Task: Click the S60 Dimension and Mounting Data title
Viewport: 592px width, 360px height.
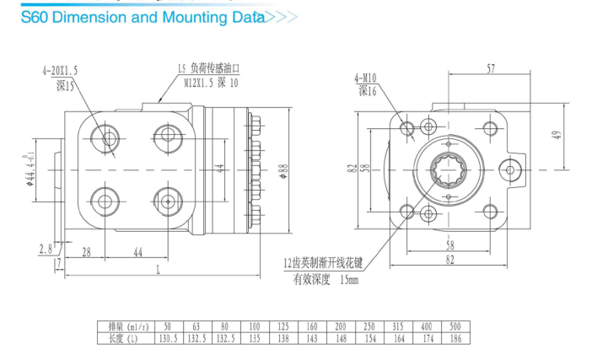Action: pyautogui.click(x=143, y=18)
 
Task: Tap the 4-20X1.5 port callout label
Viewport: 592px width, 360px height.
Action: pyautogui.click(x=60, y=71)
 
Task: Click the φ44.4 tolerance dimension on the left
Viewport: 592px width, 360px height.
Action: pyautogui.click(x=30, y=169)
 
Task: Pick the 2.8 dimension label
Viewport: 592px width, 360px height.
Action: pyautogui.click(x=46, y=250)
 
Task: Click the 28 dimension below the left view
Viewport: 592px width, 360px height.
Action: pyautogui.click(x=87, y=252)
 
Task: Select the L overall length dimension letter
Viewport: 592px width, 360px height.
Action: pyautogui.click(x=159, y=270)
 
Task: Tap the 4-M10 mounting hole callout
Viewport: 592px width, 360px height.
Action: pyautogui.click(x=365, y=78)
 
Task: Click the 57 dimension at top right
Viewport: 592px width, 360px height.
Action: pyautogui.click(x=491, y=68)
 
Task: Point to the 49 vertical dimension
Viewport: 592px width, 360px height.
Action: pyautogui.click(x=557, y=135)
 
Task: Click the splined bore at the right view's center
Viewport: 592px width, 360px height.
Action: pyautogui.click(x=448, y=169)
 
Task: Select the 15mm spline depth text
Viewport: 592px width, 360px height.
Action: pyautogui.click(x=349, y=280)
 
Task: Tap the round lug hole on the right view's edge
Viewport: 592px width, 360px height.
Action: pyautogui.click(x=510, y=169)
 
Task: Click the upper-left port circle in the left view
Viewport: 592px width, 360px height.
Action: pyautogui.click(x=105, y=138)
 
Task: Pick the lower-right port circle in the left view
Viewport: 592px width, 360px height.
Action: pyautogui.click(x=168, y=201)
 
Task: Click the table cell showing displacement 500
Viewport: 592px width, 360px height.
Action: pyautogui.click(x=455, y=326)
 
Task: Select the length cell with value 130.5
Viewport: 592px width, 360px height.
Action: pyautogui.click(x=169, y=338)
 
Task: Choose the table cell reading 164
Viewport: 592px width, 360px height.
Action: pyautogui.click(x=399, y=338)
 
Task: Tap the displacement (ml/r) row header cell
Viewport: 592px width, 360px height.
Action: pyautogui.click(x=126, y=326)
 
